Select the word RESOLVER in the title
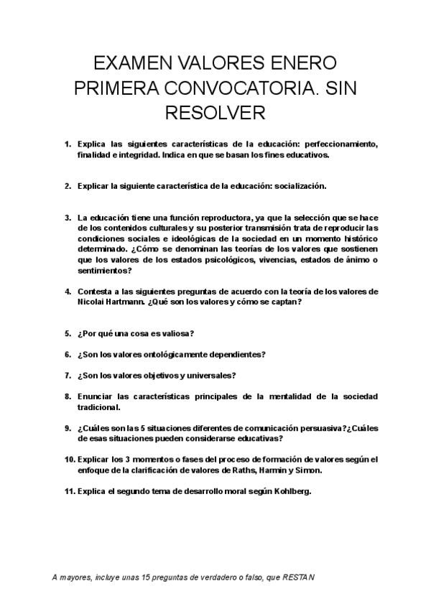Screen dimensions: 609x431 [215, 113]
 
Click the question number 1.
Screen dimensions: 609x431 [68, 144]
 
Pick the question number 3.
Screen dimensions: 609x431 [68, 217]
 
